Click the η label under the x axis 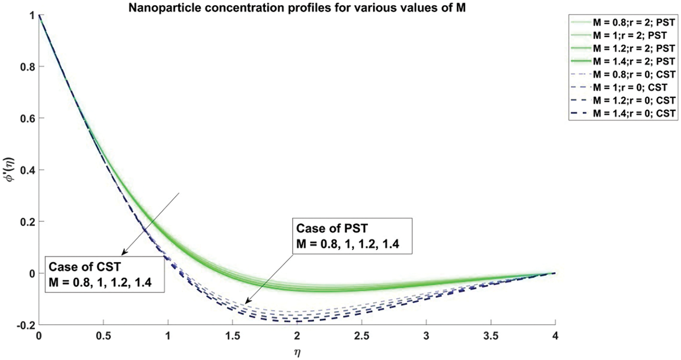tap(297, 351)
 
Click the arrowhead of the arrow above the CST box tap(122, 254)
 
